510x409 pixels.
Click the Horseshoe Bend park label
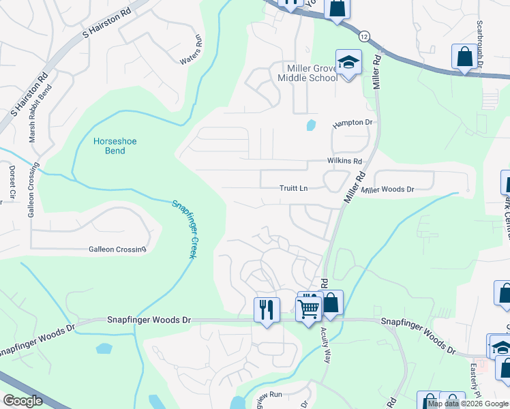[x=115, y=146]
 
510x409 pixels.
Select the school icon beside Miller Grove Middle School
[x=348, y=63]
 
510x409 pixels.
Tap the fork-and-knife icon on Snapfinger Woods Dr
[x=267, y=309]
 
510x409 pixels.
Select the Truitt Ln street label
[x=295, y=188]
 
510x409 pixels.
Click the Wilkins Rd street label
[x=343, y=162]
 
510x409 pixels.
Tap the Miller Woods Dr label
[x=388, y=190]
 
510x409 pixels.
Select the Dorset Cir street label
[x=12, y=180]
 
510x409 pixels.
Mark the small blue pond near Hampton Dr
[x=311, y=125]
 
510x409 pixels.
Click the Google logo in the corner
[x=22, y=400]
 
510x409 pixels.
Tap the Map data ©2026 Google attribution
[x=468, y=404]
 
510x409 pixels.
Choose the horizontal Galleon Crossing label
[x=117, y=249]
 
